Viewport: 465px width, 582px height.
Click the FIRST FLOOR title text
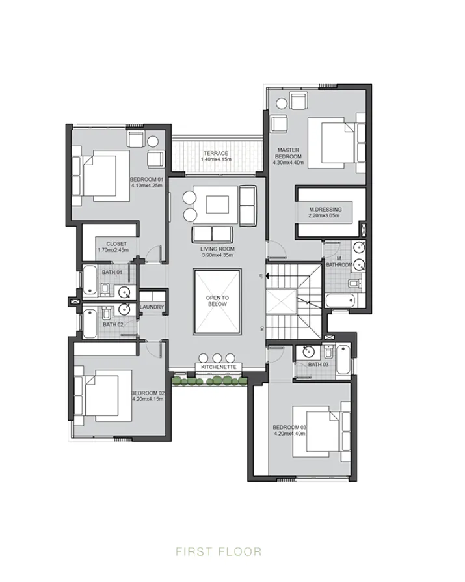pos(219,552)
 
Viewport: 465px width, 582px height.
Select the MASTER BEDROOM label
pos(288,154)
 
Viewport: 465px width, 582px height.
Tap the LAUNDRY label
pos(152,307)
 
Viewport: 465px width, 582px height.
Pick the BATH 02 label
pos(113,324)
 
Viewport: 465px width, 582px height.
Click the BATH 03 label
pos(318,365)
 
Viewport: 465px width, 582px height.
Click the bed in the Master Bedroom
pos(333,141)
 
